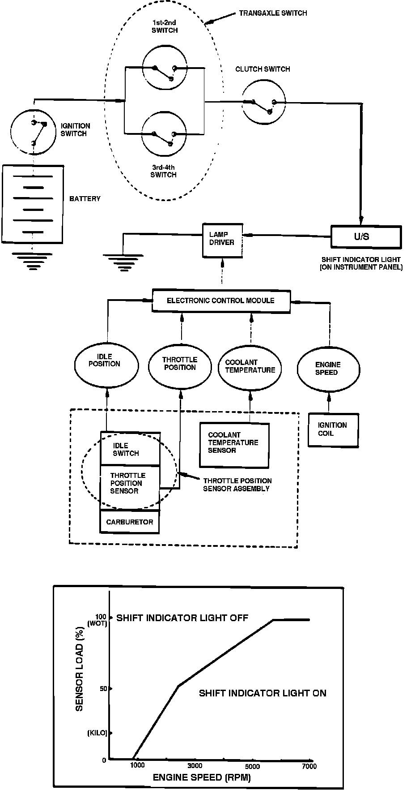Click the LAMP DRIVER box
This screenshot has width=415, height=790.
click(222, 239)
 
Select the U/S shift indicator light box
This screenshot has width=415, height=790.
click(366, 236)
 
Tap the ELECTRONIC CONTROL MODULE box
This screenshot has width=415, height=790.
click(221, 301)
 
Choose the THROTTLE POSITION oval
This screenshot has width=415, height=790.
click(179, 364)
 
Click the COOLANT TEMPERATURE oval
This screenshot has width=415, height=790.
click(250, 367)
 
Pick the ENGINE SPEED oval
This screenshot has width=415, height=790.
click(328, 369)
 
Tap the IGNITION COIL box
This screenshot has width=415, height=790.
click(333, 429)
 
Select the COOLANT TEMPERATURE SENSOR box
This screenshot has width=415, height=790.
click(234, 446)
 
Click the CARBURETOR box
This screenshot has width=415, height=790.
click(130, 522)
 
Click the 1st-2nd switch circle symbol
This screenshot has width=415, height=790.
click(164, 68)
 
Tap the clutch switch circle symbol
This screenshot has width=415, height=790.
click(264, 103)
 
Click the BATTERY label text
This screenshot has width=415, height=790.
click(85, 198)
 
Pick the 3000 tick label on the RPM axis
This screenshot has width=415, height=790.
click(195, 765)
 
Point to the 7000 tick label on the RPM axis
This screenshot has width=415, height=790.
click(309, 766)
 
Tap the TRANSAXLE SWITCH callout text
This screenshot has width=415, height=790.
click(273, 13)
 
